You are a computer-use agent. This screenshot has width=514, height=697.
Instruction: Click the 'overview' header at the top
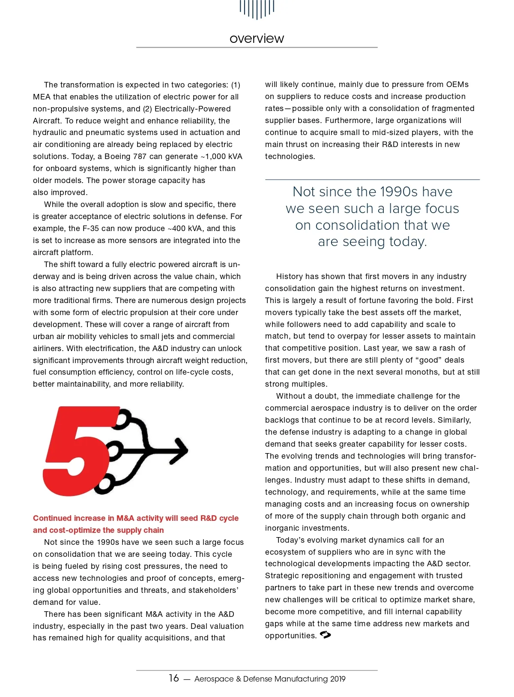click(x=257, y=39)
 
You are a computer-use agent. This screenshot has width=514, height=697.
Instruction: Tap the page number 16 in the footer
click(x=173, y=678)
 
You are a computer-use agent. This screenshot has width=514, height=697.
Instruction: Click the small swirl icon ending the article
click(x=326, y=635)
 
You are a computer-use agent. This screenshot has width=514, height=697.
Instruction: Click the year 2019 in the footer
click(x=338, y=679)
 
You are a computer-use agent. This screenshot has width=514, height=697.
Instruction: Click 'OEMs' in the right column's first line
click(x=457, y=84)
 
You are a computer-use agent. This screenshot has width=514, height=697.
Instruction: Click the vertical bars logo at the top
click(x=257, y=9)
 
